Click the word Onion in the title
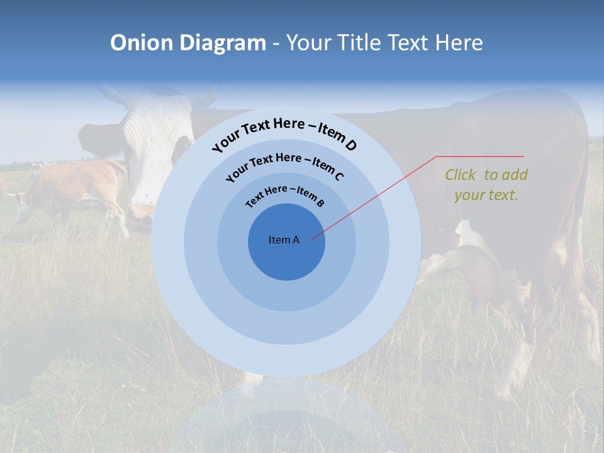142,43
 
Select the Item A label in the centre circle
284,240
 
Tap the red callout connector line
377,195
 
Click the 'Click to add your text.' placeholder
486,185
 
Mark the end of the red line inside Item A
311,239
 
